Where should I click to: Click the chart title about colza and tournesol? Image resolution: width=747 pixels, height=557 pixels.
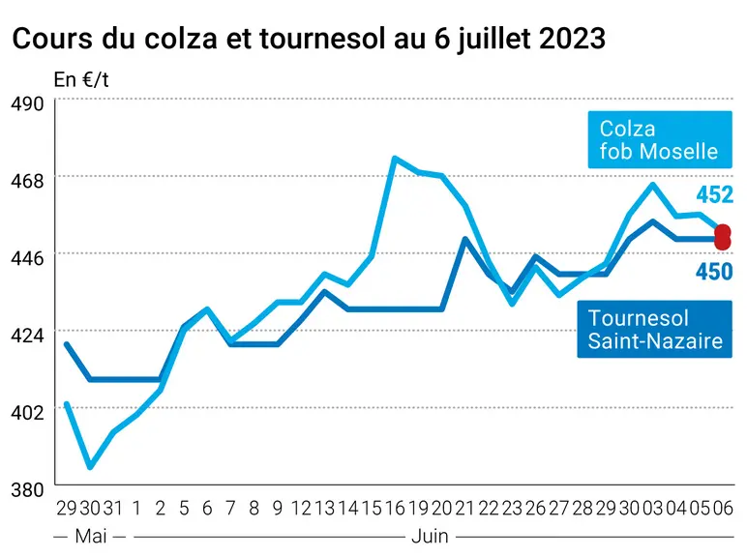click(x=309, y=39)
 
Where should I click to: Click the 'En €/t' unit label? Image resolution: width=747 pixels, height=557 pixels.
click(x=81, y=80)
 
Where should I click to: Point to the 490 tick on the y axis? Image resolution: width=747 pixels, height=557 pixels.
click(x=27, y=103)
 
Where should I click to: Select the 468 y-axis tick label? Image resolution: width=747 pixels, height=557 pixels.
click(x=27, y=181)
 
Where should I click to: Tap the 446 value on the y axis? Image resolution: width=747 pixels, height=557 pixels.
click(x=27, y=258)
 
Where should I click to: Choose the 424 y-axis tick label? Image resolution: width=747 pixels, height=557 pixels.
click(x=27, y=336)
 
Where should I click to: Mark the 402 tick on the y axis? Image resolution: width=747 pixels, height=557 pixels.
click(x=27, y=413)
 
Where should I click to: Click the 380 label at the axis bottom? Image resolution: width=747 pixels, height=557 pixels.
click(x=27, y=490)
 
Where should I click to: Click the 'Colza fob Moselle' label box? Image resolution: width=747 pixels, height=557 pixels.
click(x=660, y=139)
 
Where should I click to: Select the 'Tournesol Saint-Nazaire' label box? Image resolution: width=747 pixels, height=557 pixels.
click(x=654, y=329)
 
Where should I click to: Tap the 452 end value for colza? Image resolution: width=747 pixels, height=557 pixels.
click(x=715, y=194)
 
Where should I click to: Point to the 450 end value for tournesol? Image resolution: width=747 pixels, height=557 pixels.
click(x=714, y=272)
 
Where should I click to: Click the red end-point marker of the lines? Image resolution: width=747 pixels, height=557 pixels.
click(x=723, y=237)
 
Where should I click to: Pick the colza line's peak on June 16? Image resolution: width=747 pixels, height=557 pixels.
click(x=395, y=158)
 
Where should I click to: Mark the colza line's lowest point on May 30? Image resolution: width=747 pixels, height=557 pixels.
click(x=90, y=467)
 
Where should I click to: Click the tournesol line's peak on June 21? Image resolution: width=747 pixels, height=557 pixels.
click(x=465, y=239)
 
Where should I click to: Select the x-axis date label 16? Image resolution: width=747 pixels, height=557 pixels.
click(x=395, y=509)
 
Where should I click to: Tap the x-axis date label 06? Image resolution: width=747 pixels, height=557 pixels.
click(x=723, y=509)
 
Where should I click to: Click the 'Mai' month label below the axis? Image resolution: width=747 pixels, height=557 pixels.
click(x=91, y=537)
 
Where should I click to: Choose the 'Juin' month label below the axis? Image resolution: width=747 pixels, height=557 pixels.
click(x=430, y=537)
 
